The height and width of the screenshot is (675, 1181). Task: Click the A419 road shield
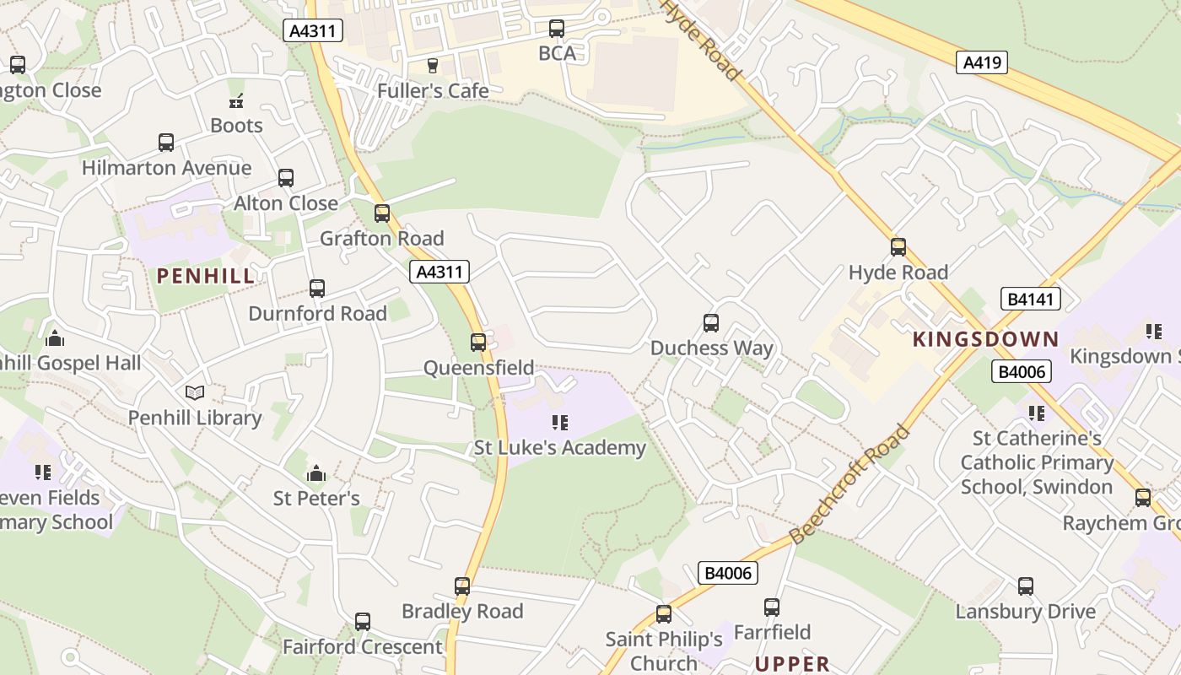coord(982,62)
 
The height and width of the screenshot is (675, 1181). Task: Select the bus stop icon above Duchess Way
coord(711,323)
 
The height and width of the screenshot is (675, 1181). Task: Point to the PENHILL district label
coord(206,276)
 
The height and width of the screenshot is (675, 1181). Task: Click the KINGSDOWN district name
coord(985,340)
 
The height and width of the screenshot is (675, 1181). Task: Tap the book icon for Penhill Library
coord(195,392)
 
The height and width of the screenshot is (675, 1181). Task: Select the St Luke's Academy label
coord(559,448)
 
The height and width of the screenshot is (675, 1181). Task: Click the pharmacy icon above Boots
coord(236,101)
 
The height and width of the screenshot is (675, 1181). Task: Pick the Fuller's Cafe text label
coord(433,90)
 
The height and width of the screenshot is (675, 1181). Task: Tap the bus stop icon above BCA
coord(557,29)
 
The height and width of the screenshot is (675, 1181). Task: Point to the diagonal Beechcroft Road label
coord(850,484)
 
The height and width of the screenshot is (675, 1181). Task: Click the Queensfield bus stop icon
coord(478,343)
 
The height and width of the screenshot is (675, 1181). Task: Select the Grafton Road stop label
coord(381,239)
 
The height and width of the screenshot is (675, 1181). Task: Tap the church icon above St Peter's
coord(316,473)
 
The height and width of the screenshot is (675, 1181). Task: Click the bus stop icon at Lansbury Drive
coord(1026,586)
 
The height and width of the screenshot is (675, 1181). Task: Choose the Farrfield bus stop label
coord(772,632)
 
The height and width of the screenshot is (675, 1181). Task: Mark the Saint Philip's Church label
coord(664,651)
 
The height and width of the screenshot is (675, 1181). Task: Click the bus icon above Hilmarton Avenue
coord(166,143)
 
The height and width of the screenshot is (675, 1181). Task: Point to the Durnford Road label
coord(317,314)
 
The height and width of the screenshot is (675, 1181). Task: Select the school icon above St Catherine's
coord(1037,413)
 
